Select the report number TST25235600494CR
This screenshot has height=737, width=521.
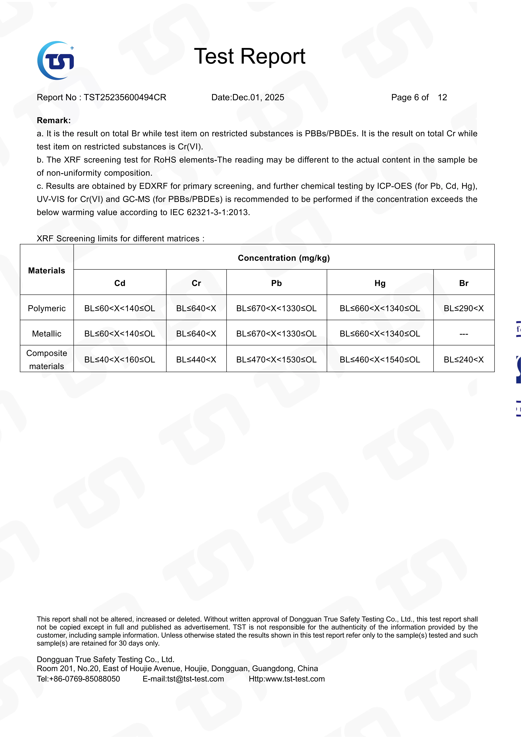point(125,98)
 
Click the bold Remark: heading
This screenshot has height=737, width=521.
point(54,120)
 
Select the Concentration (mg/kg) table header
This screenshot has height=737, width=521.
point(284,258)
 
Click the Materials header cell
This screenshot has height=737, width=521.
point(46,271)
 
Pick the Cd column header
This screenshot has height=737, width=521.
point(120,283)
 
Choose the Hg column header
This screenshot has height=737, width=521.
point(380,283)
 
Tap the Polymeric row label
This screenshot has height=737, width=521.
point(46,308)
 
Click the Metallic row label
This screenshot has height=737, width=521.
point(46,334)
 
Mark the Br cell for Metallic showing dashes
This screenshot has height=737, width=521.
point(464,334)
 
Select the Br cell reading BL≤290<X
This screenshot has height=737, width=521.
point(464,308)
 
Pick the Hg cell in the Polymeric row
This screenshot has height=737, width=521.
point(380,308)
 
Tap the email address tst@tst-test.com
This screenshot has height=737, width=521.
point(195,679)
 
